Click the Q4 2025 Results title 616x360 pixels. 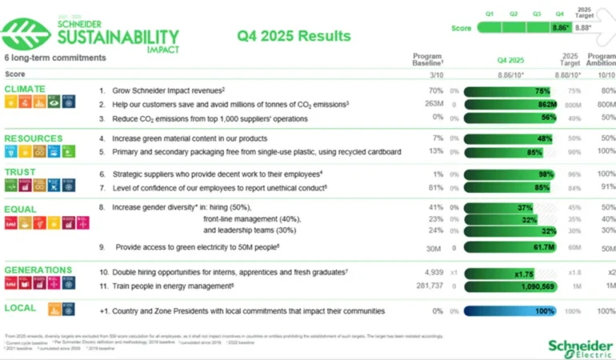tap(294, 36)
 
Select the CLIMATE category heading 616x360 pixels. tap(25, 88)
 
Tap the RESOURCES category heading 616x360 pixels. tap(33, 138)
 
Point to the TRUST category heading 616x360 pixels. tap(20, 171)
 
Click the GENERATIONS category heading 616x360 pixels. tap(38, 270)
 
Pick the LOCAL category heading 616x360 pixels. tap(19, 307)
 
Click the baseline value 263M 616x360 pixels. tap(434, 104)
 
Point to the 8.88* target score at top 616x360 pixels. tap(583, 27)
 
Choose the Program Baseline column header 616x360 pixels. tap(428, 60)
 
